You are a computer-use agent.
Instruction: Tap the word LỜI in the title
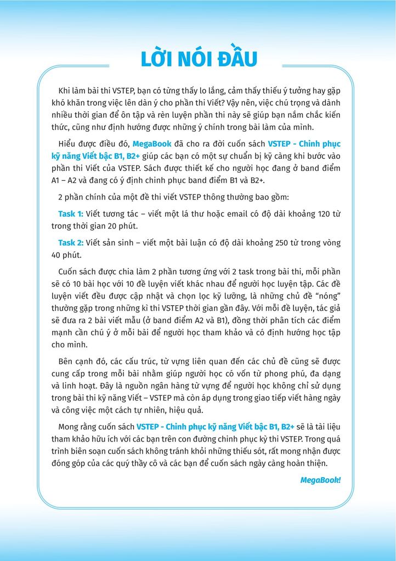[161, 59]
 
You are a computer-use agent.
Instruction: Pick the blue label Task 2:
[71, 243]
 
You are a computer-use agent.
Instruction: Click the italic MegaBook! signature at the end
[320, 480]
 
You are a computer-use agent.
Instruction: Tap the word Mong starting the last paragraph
[69, 426]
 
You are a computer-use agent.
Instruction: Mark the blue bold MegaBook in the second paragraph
[152, 144]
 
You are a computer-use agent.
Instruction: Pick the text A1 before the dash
[57, 181]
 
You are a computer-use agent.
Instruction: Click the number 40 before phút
[57, 255]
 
